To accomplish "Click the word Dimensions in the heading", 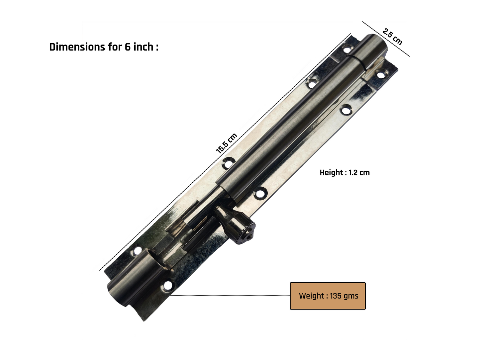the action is click(77, 47).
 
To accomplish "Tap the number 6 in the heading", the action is click(128, 47).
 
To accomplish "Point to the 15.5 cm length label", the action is click(226, 143).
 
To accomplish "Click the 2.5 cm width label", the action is click(392, 37).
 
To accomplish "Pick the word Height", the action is click(331, 173).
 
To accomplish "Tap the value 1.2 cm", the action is click(359, 172).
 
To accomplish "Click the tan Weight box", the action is click(328, 296).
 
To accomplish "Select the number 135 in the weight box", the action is click(336, 296).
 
